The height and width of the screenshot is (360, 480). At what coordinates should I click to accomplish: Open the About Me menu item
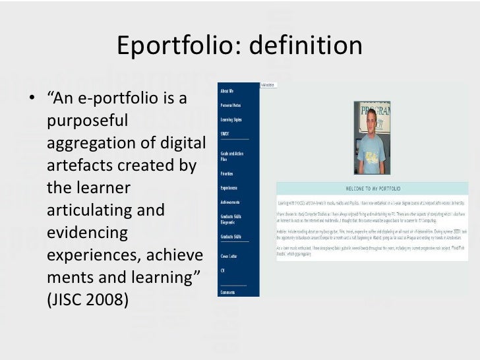(x=227, y=91)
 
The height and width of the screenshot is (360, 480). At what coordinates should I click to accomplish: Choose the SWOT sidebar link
(x=225, y=134)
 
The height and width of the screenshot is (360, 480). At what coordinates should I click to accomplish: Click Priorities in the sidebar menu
(x=227, y=173)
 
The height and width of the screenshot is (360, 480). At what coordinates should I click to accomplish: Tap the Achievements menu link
(x=230, y=202)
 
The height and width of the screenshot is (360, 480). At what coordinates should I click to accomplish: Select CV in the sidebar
(x=222, y=270)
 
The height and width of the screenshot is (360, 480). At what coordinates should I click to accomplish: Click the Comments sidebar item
(x=228, y=291)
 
